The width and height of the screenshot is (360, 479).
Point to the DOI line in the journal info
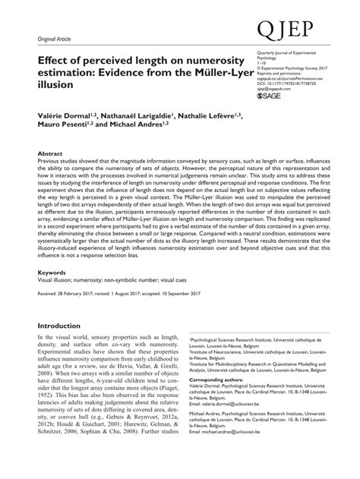click(285, 84)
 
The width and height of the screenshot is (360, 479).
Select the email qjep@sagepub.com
click(273, 90)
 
